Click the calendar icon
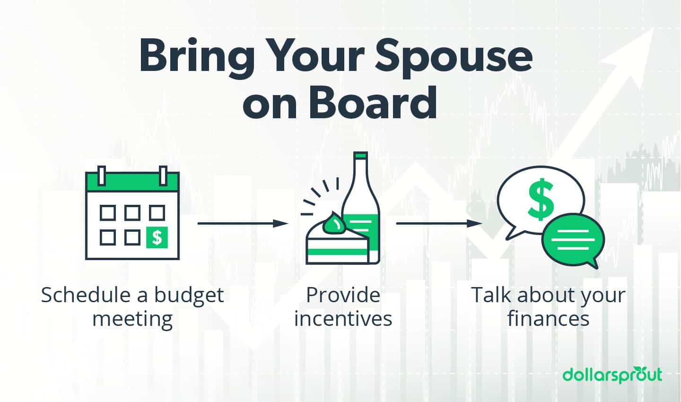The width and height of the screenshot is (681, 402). click(132, 215)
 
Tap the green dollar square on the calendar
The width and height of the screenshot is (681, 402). click(157, 236)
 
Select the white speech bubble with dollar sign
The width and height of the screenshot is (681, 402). click(541, 199)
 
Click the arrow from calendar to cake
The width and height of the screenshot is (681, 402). click(243, 223)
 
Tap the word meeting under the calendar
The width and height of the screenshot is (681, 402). click(132, 318)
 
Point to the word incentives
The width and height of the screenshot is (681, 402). click(343, 318)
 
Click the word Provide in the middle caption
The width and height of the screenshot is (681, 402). click(343, 295)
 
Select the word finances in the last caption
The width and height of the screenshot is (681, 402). click(548, 318)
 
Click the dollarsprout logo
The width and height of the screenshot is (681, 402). click(612, 375)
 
